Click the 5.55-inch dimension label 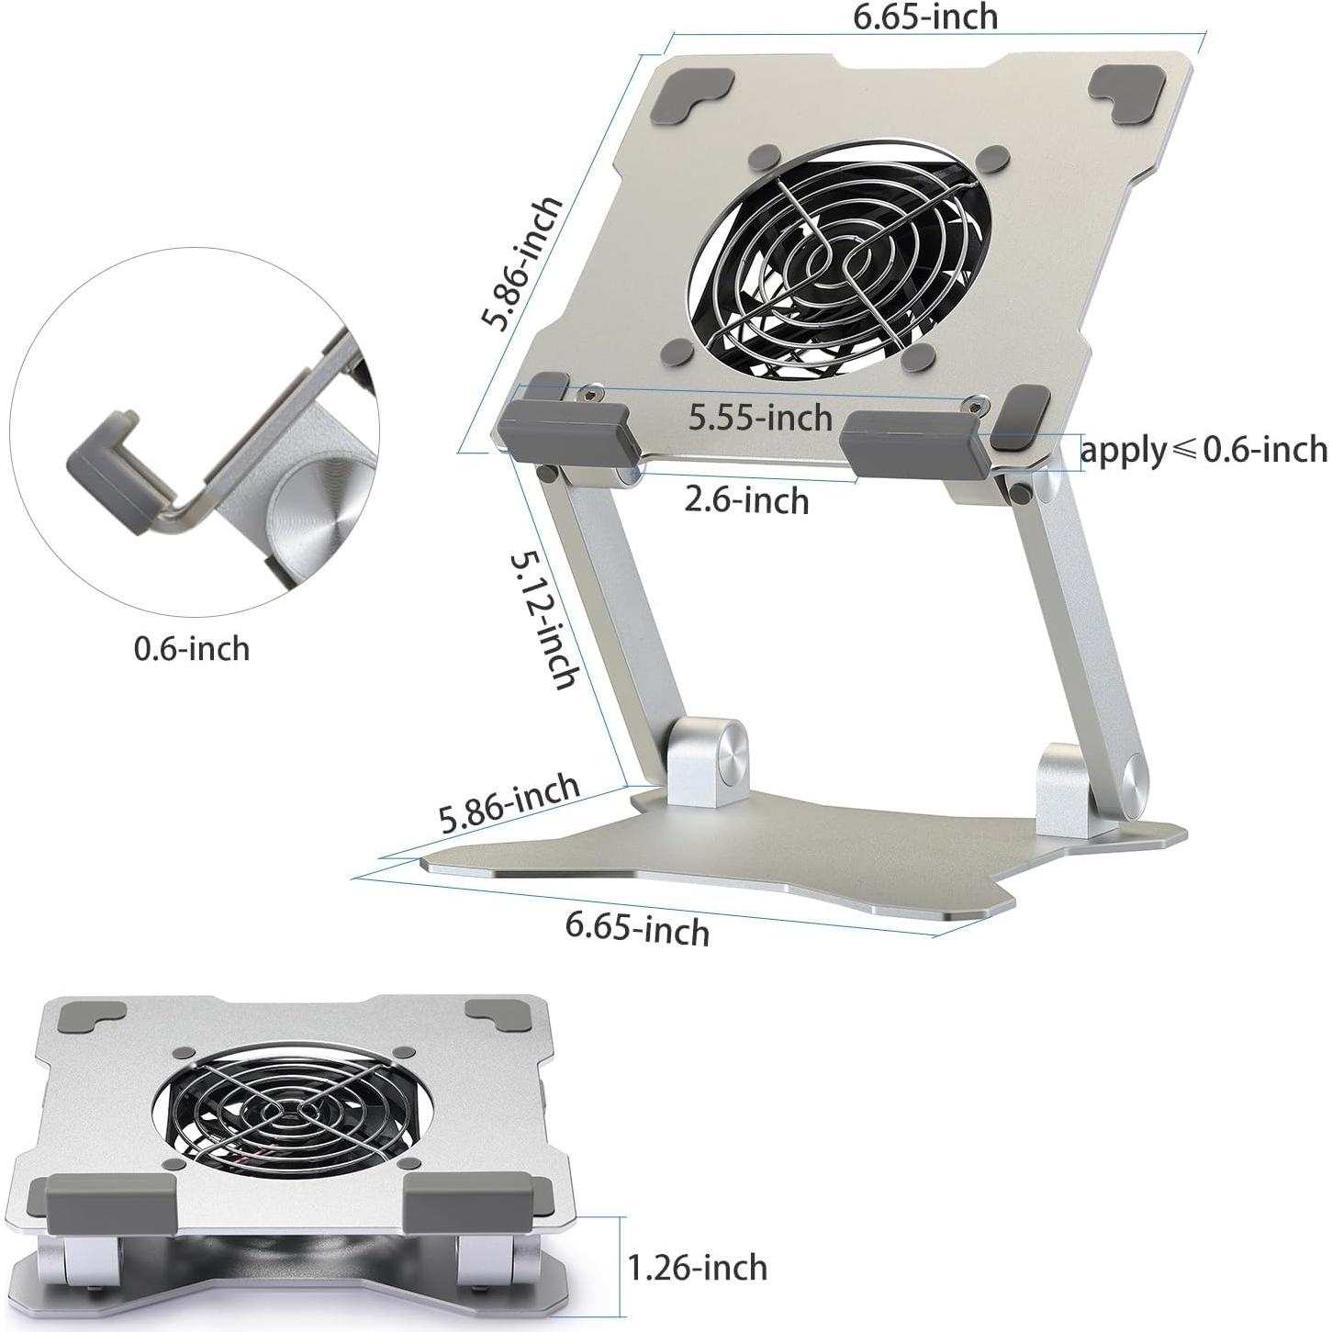[x=760, y=418]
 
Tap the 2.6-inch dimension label [x=746, y=500]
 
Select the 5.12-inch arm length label [x=545, y=618]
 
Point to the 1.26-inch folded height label [x=697, y=1268]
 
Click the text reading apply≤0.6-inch [x=1203, y=450]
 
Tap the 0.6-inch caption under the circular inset [x=192, y=649]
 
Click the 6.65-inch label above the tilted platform [x=924, y=17]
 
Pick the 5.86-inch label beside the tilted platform [x=523, y=263]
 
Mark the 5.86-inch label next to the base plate [x=509, y=804]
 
